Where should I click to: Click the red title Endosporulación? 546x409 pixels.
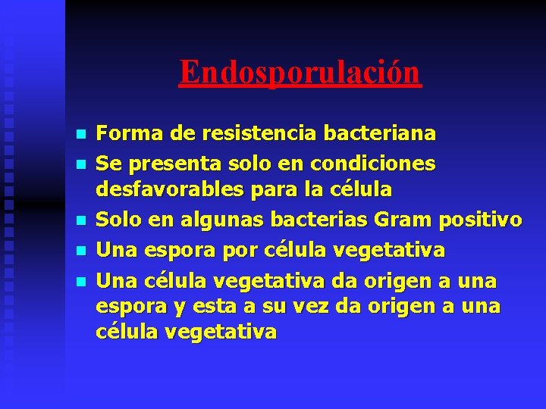coord(300,73)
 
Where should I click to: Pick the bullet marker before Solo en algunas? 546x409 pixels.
coord(82,220)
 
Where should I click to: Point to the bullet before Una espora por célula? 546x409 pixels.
coord(82,249)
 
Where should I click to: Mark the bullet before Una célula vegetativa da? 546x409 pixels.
coord(82,283)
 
